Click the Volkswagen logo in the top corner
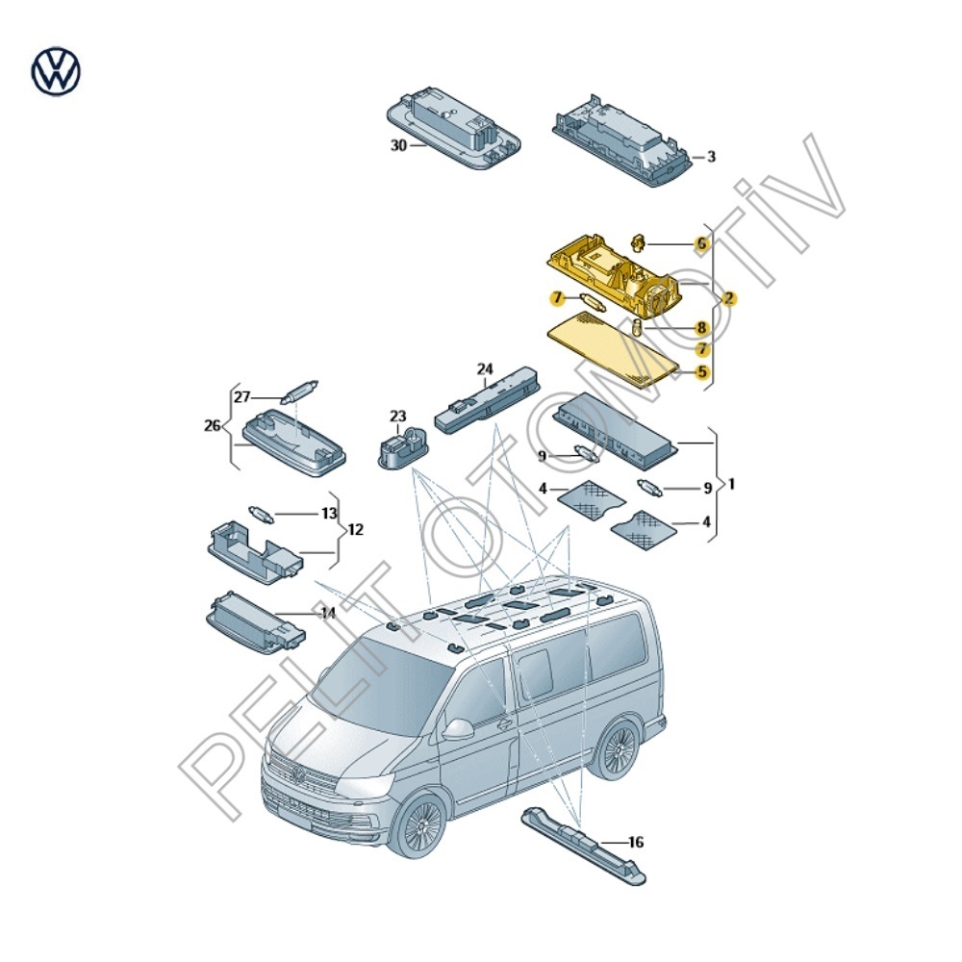(57, 72)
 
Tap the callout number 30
(398, 145)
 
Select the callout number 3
(711, 157)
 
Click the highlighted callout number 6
(702, 244)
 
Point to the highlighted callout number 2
(730, 299)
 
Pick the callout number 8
(702, 328)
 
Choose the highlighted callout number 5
(702, 371)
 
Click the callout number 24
(485, 368)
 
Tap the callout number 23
(398, 416)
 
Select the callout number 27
(242, 396)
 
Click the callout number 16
(635, 843)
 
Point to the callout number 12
(356, 530)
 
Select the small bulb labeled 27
(297, 392)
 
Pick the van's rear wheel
(615, 749)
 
